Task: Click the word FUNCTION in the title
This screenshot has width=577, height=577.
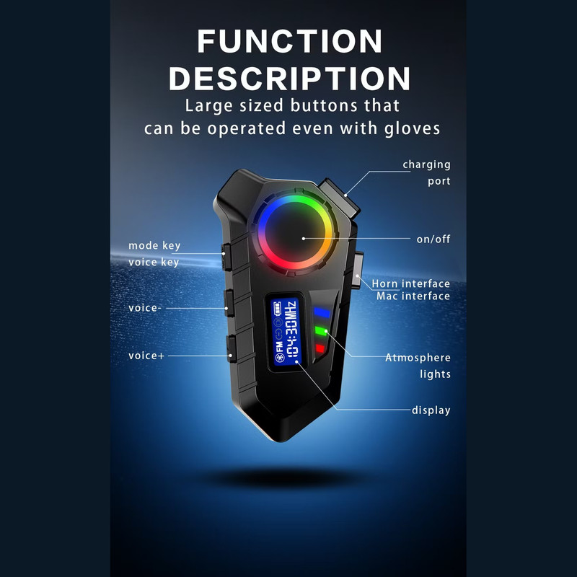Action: [290, 41]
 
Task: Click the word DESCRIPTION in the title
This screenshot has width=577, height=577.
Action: [290, 79]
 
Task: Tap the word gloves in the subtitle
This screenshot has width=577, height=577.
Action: [412, 129]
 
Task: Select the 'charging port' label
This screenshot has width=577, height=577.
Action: [426, 172]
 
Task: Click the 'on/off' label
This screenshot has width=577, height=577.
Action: [433, 239]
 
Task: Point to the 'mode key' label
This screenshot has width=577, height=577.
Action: [154, 246]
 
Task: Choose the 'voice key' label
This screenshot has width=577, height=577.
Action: [154, 263]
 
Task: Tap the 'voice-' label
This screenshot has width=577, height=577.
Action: [145, 308]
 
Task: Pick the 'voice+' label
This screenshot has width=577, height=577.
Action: [146, 356]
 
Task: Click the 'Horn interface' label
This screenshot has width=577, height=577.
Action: [410, 283]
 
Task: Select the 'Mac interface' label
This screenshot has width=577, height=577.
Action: [413, 296]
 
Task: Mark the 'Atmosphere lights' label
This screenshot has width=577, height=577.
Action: [418, 366]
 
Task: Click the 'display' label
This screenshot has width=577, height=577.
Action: [431, 410]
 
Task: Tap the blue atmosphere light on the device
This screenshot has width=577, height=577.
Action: [322, 313]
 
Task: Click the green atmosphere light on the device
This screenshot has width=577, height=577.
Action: [321, 331]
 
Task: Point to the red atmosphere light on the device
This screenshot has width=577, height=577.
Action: [320, 348]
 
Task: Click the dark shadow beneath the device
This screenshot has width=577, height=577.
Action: [283, 477]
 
